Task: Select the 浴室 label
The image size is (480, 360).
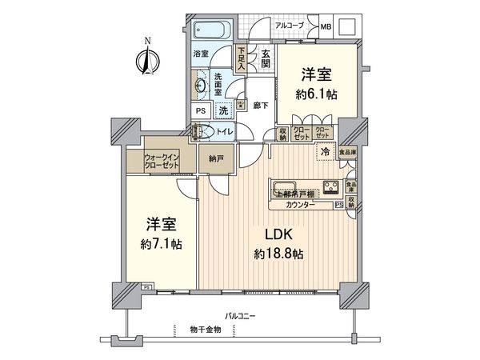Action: point(201,54)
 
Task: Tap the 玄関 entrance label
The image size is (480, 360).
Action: point(266,59)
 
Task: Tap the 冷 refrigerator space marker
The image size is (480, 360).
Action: point(325,151)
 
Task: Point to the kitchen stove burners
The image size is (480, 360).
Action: point(331,189)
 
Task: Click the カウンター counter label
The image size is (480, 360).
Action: point(300,205)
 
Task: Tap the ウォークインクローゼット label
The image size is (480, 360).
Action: point(158,161)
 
